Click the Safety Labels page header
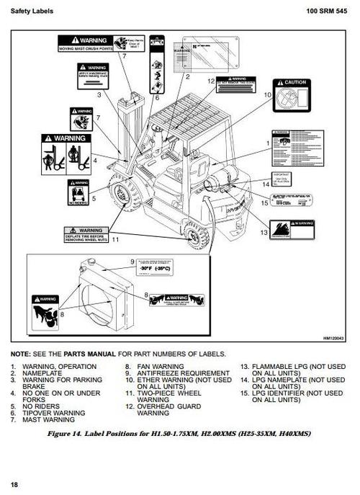(x=30, y=12)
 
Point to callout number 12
(x=211, y=82)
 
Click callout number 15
(x=265, y=203)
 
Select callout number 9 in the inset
(x=132, y=262)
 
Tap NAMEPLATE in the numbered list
(x=44, y=373)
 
